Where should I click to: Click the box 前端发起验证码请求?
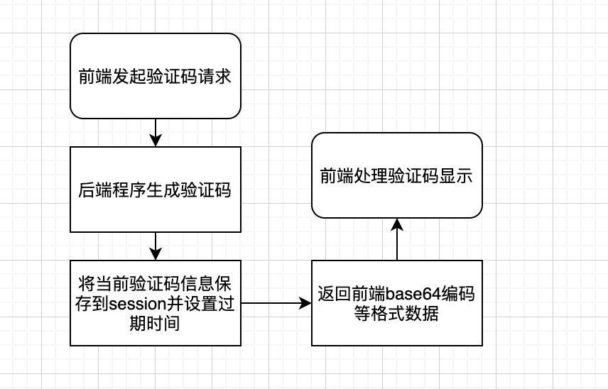coord(156,75)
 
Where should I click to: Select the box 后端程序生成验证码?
coord(156,190)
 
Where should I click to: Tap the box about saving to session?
coord(156,303)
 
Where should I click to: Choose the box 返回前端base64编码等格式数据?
coord(397,303)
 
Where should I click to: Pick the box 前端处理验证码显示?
coord(397,175)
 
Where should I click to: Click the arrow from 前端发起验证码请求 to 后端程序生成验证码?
coord(156,132)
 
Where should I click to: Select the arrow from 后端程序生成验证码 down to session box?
coord(156,246)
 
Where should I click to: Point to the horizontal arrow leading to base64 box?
coord(276,303)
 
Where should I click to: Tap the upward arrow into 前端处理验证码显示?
coord(397,239)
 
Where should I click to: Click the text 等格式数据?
coord(396,313)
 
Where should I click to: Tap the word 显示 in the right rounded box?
coord(458,176)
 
